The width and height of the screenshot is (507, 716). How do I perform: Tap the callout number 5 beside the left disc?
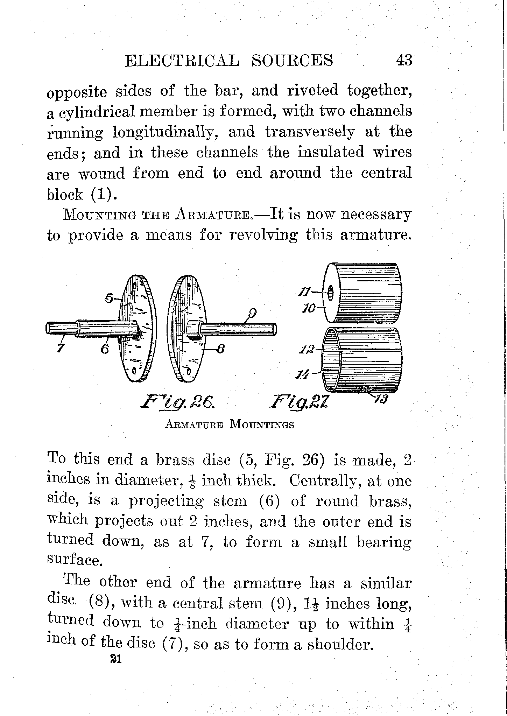(x=109, y=299)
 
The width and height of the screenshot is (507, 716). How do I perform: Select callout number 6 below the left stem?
(x=105, y=349)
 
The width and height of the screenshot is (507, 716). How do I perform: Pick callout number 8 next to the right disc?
(x=220, y=350)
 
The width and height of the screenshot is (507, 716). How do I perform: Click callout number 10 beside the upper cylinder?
(x=309, y=308)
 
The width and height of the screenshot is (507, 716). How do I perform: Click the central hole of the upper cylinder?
(x=330, y=292)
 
